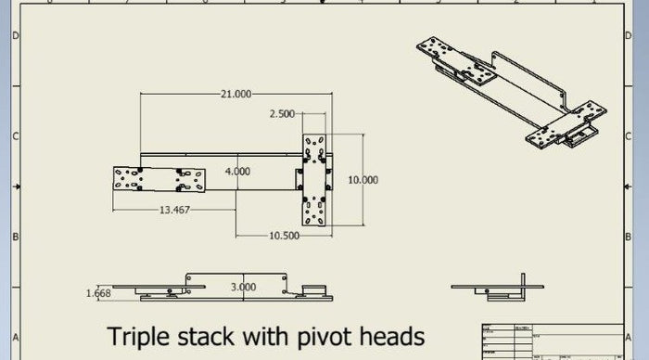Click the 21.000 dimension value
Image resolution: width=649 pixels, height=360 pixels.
(x=235, y=94)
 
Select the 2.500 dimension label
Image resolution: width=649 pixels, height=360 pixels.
(x=282, y=114)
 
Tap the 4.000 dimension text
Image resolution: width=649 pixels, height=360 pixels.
(x=237, y=172)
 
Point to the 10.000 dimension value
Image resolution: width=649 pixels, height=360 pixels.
(x=363, y=180)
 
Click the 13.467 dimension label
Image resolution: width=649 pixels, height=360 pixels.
(x=174, y=211)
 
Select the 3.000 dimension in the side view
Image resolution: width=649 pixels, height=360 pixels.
(x=243, y=288)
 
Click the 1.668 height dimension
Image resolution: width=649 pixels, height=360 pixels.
(x=99, y=294)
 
